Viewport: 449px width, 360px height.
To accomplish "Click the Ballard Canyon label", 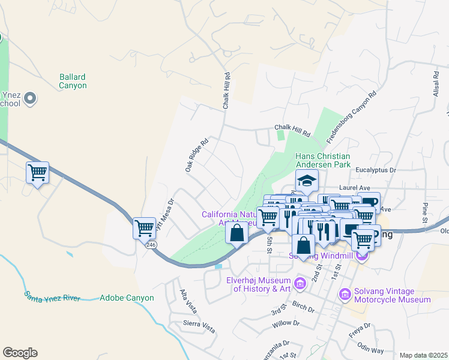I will tap(73, 81).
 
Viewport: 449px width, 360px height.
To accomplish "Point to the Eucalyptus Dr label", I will tap(376, 170).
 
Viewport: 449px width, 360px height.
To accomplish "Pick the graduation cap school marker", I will tap(306, 179).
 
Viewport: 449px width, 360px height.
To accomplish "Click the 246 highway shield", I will tap(151, 244).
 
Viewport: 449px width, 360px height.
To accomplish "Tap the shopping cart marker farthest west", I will tap(37, 173).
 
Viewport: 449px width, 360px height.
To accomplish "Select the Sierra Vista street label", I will tap(200, 326).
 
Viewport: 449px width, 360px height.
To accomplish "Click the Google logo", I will tap(20, 353).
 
